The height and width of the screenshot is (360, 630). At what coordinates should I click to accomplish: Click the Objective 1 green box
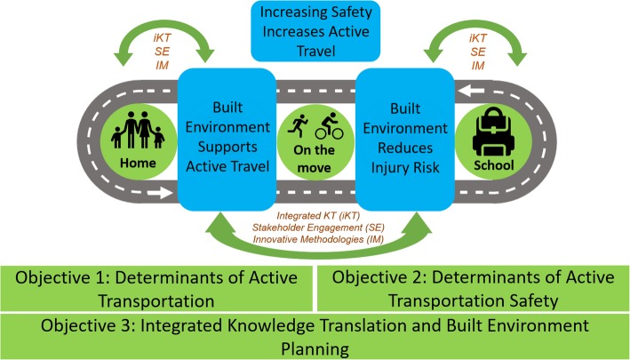coord(156,285)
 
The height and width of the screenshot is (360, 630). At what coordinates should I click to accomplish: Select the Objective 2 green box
coord(471,285)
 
